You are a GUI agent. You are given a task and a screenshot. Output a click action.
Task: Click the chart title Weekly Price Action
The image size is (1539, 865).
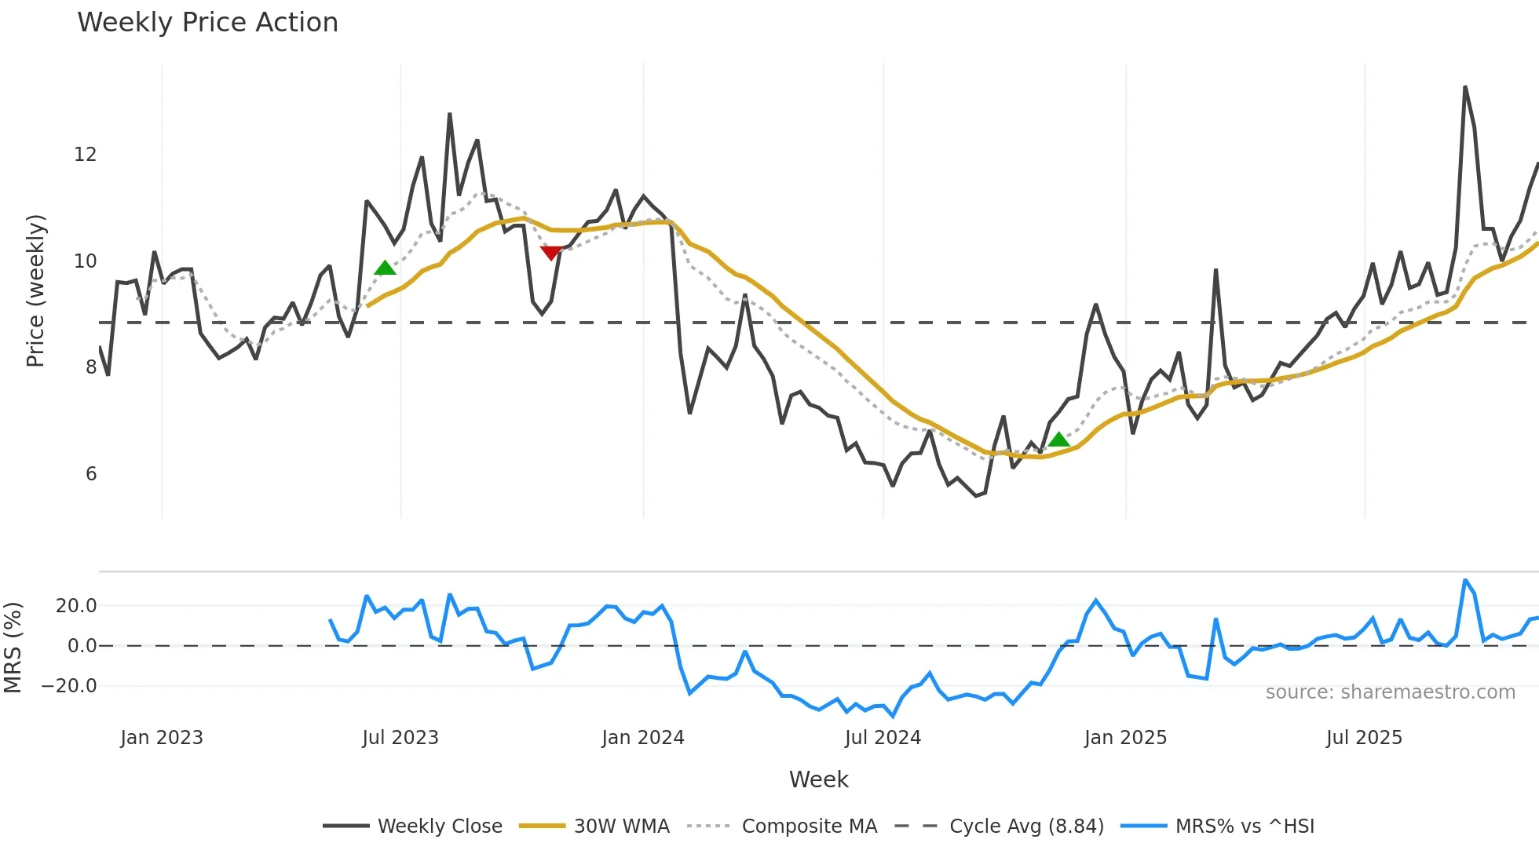pos(207,23)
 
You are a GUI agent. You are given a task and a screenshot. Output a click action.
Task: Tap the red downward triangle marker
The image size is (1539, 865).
pos(551,252)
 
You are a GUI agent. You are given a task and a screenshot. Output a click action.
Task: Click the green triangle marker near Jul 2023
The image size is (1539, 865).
pos(385,268)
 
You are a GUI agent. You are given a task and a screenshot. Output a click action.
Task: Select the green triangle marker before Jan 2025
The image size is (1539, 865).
pos(1058,440)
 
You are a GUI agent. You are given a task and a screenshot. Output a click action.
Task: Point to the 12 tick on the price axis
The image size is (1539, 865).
pos(85,155)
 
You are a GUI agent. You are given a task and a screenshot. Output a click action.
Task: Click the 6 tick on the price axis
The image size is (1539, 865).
pos(91,474)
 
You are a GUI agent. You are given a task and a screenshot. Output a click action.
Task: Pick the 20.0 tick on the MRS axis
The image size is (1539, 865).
pos(76,606)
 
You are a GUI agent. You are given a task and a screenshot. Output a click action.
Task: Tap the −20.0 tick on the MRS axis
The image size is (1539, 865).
pos(70,686)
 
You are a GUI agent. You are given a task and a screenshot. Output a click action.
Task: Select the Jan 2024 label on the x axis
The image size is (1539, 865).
pos(643,738)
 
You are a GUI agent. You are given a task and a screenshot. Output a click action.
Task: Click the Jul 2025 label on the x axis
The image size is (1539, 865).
pos(1364,738)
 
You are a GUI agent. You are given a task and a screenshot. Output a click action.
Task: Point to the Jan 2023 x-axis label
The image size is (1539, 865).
pos(162,738)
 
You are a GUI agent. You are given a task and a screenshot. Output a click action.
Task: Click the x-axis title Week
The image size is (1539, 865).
pos(818,779)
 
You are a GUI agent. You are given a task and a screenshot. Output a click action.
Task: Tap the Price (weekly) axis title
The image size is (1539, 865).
pos(35,290)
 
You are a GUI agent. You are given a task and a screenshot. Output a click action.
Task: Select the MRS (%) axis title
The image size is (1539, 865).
pos(13,648)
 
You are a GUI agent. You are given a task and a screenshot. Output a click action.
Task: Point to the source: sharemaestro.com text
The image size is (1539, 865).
pos(1390,692)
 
